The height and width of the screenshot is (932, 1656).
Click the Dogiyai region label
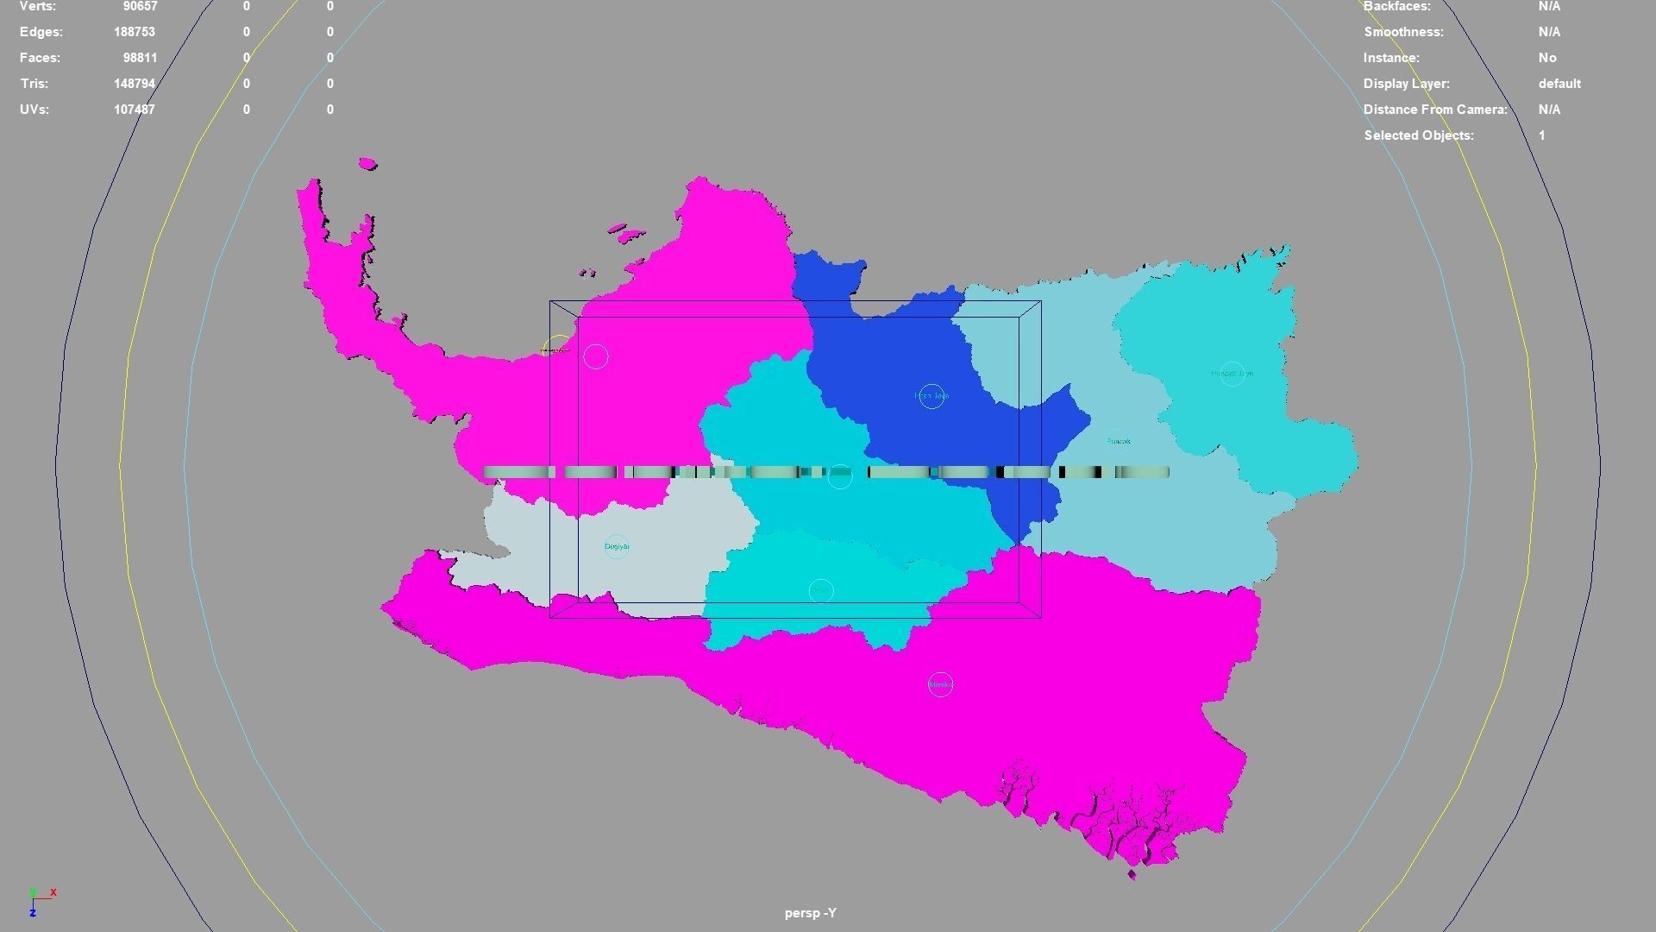pyautogui.click(x=617, y=546)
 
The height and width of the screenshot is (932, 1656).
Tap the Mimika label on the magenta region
pyautogui.click(x=940, y=684)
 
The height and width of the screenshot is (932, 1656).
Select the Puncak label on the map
pyautogui.click(x=1118, y=442)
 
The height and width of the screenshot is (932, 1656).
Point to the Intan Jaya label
pyautogui.click(x=931, y=396)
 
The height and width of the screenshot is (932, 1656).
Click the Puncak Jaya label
pyautogui.click(x=1232, y=374)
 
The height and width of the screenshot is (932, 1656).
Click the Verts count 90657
pyautogui.click(x=140, y=7)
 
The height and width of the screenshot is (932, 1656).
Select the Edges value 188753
pyautogui.click(x=135, y=32)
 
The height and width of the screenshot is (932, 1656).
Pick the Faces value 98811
pyautogui.click(x=140, y=58)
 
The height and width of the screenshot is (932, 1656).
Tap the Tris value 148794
pyautogui.click(x=135, y=84)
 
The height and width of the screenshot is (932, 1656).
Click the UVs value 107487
pyautogui.click(x=135, y=110)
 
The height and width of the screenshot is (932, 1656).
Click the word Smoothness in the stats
pyautogui.click(x=1403, y=32)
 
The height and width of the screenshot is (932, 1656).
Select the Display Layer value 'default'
pyautogui.click(x=1559, y=84)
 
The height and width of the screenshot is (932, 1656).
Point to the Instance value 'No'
pyautogui.click(x=1547, y=58)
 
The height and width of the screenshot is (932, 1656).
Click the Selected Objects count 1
pyautogui.click(x=1541, y=135)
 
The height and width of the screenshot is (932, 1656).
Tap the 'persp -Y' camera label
pyautogui.click(x=810, y=913)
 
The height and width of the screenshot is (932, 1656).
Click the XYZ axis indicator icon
pyautogui.click(x=39, y=900)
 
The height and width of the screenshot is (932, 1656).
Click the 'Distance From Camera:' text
pyautogui.click(x=1435, y=110)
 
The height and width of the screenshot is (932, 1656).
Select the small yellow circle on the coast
pyautogui.click(x=557, y=347)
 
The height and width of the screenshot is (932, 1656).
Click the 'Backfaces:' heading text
pyautogui.click(x=1396, y=7)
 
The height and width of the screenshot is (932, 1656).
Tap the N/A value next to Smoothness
pyautogui.click(x=1549, y=32)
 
